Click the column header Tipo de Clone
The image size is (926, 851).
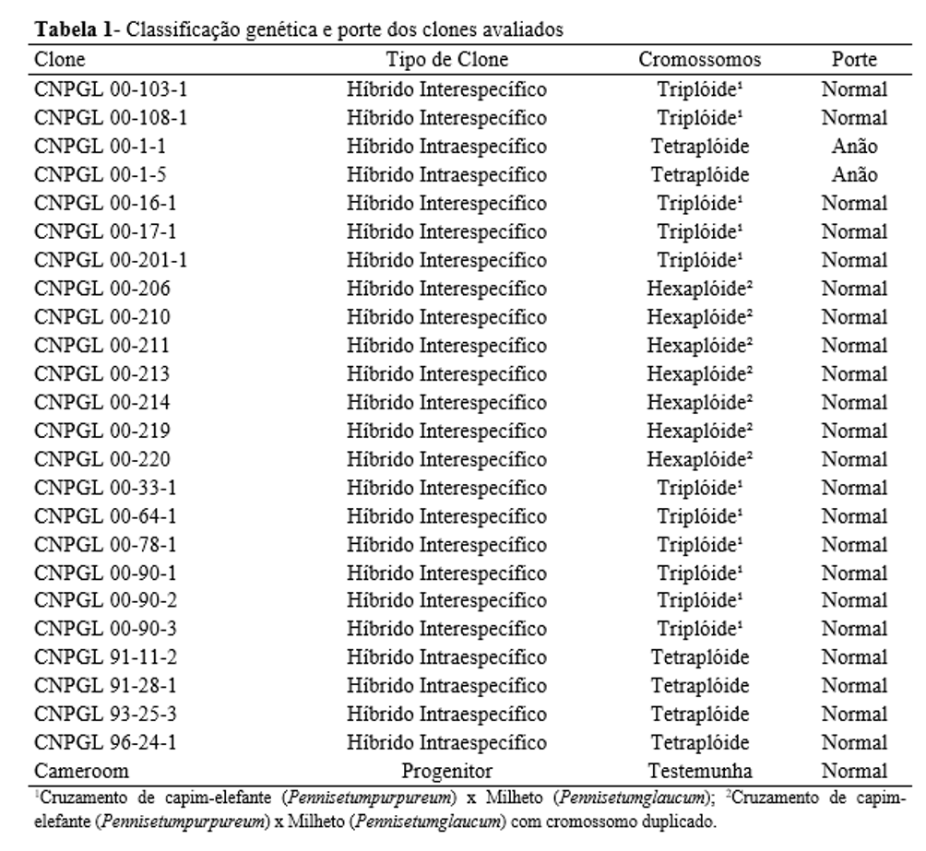pos(446,60)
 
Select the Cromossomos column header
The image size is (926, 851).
pos(700,60)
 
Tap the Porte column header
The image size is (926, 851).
pos(853,60)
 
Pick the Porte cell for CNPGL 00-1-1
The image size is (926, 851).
pos(853,147)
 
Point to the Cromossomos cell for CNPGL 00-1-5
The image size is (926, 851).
pos(700,174)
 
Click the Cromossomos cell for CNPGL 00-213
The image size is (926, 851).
pos(700,373)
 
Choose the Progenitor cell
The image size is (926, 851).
pos(446,771)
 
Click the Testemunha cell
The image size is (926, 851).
pos(700,771)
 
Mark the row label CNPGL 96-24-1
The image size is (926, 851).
pos(102,742)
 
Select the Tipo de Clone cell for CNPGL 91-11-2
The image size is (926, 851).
pos(446,657)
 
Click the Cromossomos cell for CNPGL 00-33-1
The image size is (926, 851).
pos(700,487)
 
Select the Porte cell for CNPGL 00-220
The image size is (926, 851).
pos(853,458)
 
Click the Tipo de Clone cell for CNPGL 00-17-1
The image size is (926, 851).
pos(446,231)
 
